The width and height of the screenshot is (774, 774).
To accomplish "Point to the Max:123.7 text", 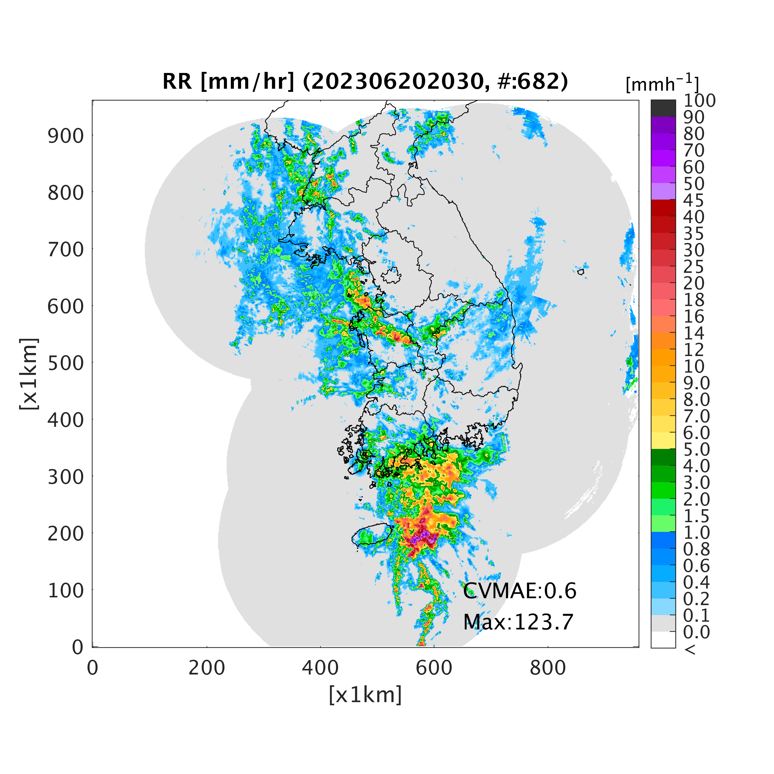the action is pos(518,622).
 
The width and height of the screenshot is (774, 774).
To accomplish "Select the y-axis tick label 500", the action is pos(66,363).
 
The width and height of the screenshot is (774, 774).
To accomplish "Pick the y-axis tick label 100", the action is pos(66,590).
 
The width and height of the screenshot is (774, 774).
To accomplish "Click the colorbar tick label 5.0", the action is pos(696,449).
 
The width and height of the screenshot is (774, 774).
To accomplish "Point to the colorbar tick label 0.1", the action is pos(696,615).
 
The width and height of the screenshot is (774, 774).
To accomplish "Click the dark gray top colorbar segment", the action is pos(663,108).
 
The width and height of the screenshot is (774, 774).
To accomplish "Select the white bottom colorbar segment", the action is pos(663,639).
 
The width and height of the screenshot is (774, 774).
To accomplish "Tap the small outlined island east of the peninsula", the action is pos(580,272).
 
